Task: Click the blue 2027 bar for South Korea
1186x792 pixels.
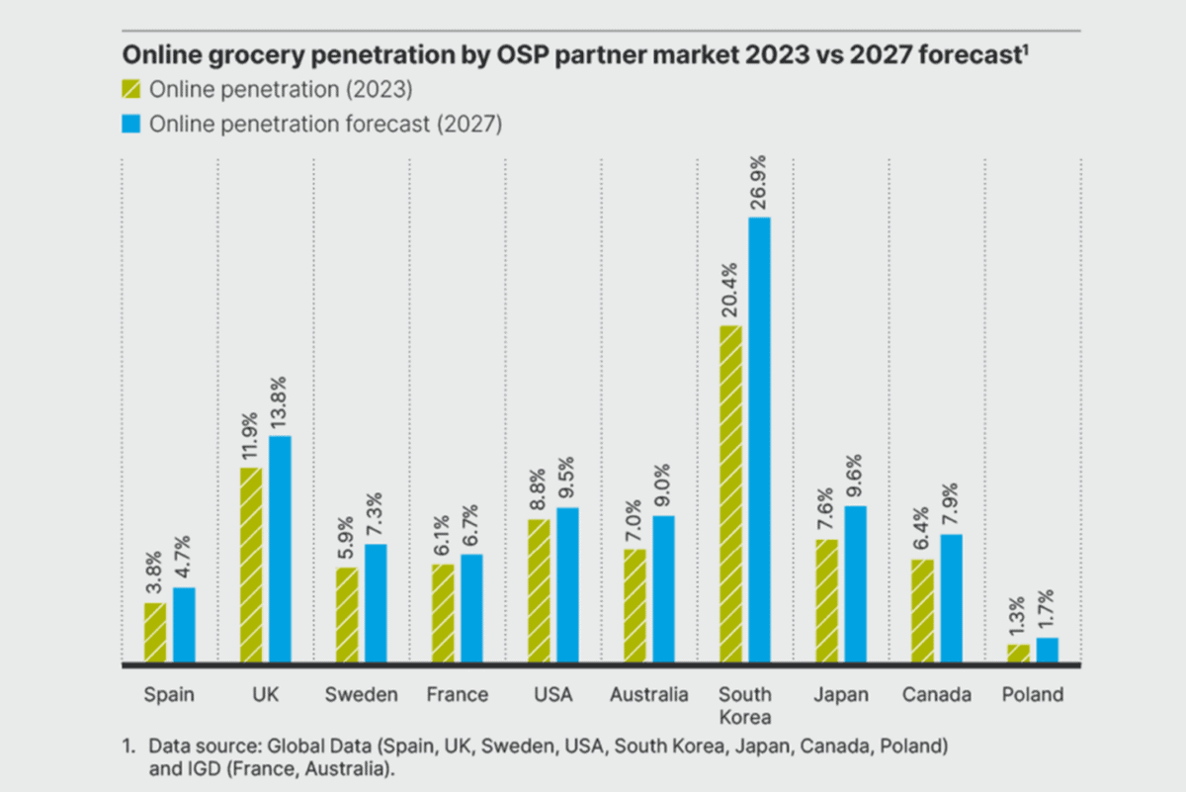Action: [x=759, y=440]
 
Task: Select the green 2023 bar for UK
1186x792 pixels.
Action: [x=251, y=565]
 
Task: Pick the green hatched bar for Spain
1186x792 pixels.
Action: [x=155, y=632]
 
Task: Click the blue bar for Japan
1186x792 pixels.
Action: [x=855, y=583]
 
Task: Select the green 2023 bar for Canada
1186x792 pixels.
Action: [x=922, y=610]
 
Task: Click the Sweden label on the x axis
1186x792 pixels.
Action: [x=362, y=695]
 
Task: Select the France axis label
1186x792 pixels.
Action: [x=458, y=695]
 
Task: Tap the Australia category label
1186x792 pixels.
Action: [x=649, y=695]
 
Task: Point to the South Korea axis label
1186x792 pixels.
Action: [x=745, y=706]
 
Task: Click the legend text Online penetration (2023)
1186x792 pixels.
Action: [x=281, y=90]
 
